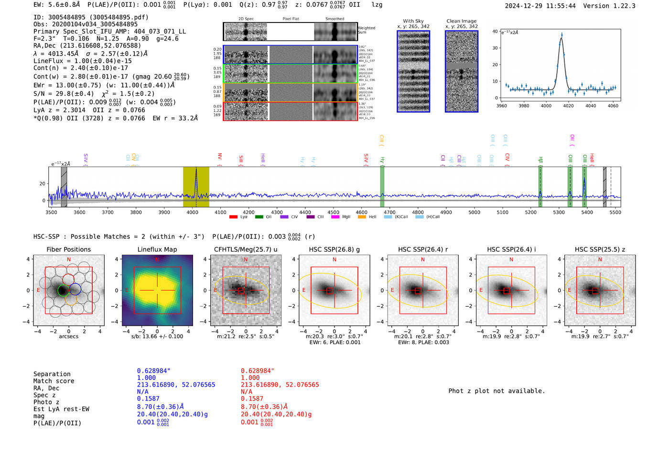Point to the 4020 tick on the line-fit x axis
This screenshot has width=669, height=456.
(x=568, y=106)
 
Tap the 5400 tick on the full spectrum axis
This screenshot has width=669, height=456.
(x=587, y=212)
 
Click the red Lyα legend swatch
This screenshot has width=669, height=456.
(x=233, y=217)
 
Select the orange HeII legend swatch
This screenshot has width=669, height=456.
(x=362, y=217)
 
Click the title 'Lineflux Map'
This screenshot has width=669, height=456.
(x=157, y=249)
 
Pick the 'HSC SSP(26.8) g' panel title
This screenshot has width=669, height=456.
(x=334, y=249)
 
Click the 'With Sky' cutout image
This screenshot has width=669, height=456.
(x=413, y=71)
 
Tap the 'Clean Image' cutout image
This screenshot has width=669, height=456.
(x=461, y=71)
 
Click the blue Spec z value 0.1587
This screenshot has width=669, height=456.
(x=148, y=399)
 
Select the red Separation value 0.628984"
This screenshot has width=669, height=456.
(x=258, y=371)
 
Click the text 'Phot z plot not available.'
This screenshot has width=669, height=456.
(x=496, y=391)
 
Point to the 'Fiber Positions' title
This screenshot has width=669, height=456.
(x=68, y=249)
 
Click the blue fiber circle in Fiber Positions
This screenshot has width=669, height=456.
(x=75, y=289)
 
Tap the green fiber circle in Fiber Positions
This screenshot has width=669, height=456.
(x=63, y=290)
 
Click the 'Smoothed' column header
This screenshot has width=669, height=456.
(x=334, y=19)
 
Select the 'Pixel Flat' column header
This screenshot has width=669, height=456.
(x=291, y=19)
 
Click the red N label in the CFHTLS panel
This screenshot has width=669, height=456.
(x=246, y=260)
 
